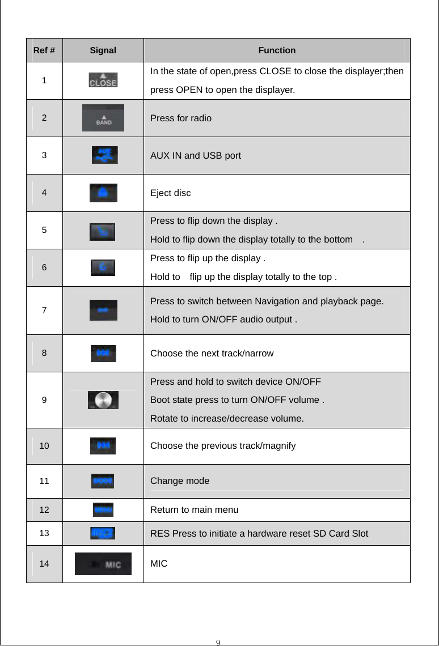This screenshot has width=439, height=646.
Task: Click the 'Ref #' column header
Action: (44, 50)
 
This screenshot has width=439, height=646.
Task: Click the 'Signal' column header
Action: (103, 50)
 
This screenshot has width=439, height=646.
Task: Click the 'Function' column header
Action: (277, 50)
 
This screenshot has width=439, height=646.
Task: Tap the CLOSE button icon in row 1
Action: (103, 80)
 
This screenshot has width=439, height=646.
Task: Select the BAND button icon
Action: (103, 118)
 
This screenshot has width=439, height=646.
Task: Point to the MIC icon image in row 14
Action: (103, 564)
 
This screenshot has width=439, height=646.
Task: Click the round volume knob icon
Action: (103, 400)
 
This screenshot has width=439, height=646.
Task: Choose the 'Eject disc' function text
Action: (170, 193)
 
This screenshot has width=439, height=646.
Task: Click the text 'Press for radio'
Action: (181, 118)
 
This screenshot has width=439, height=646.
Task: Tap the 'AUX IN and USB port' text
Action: (195, 155)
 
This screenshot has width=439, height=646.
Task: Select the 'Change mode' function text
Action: (179, 481)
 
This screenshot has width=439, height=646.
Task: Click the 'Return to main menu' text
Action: (194, 510)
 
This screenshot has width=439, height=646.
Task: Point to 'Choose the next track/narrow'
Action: (212, 354)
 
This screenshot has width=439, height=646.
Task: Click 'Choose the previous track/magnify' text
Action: (222, 446)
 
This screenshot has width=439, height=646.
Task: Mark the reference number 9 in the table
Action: (44, 399)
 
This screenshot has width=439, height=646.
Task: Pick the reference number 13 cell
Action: (44, 533)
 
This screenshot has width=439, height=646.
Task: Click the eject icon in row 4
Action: (103, 193)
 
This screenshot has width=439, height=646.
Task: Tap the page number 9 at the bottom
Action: (219, 641)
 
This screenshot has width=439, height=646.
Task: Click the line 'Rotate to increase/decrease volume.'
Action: (226, 419)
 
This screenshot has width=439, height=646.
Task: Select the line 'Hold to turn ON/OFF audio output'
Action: (225, 320)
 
